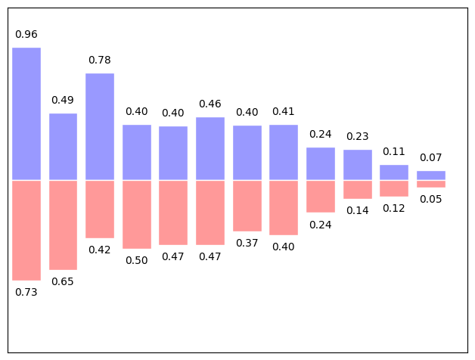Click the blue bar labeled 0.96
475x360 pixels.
tap(26, 113)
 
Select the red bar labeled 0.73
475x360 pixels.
tap(26, 230)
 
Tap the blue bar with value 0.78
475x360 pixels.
tap(100, 126)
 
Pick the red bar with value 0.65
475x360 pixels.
tap(64, 225)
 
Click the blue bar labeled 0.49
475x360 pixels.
tap(64, 147)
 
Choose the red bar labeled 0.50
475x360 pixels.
tap(137, 214)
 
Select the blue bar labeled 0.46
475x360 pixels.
tap(210, 148)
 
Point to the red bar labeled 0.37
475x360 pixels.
tap(247, 206)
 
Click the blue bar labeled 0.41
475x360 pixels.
tap(284, 152)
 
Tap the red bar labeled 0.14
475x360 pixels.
tap(358, 189)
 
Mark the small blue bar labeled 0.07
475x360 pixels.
tap(431, 175)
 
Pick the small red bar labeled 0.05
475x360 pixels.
tap(431, 184)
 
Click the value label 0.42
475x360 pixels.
tap(100, 250)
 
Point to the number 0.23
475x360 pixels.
tap(358, 137)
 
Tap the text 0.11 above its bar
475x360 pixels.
tap(394, 151)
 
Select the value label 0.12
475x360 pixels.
tap(394, 208)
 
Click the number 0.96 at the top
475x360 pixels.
tap(26, 35)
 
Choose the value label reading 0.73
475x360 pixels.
tap(26, 292)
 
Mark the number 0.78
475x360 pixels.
tap(100, 60)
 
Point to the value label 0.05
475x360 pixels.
tap(431, 199)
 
